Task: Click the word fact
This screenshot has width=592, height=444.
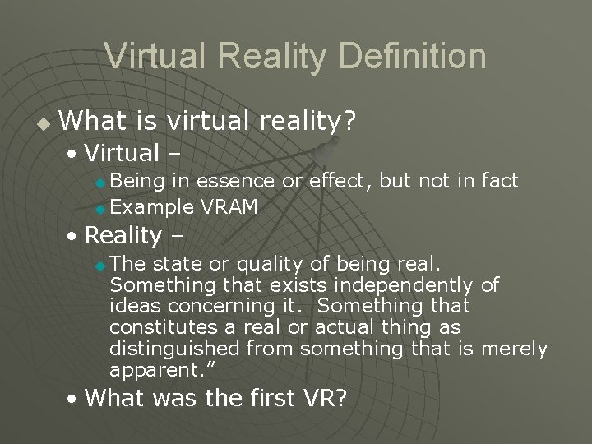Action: [498, 180]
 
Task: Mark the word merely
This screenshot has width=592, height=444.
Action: [514, 349]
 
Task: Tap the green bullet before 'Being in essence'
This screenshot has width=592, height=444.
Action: [100, 182]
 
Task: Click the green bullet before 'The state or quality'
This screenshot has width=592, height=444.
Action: [100, 266]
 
